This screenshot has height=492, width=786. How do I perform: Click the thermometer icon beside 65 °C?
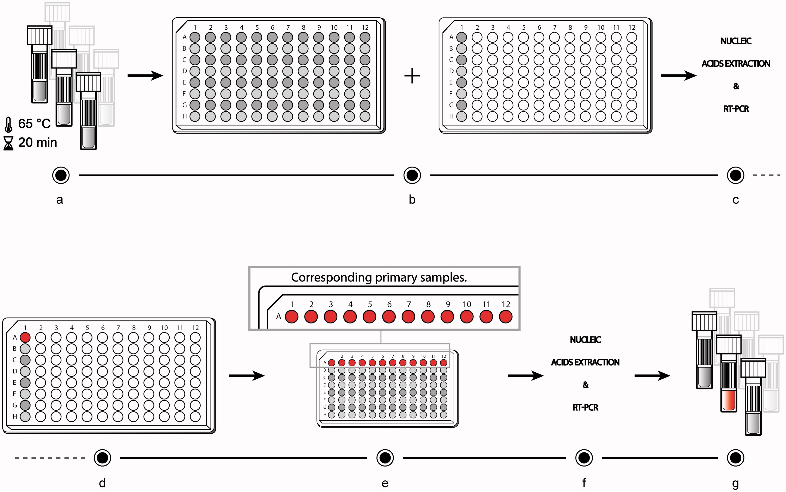[8, 125]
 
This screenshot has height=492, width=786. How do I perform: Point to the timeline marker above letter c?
[735, 175]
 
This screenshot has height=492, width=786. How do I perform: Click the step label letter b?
[412, 200]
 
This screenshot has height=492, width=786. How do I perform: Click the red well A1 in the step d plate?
[25, 337]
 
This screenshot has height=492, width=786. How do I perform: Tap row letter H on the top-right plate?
[451, 116]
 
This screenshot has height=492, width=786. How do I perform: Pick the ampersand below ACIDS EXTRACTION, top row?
[736, 86]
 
